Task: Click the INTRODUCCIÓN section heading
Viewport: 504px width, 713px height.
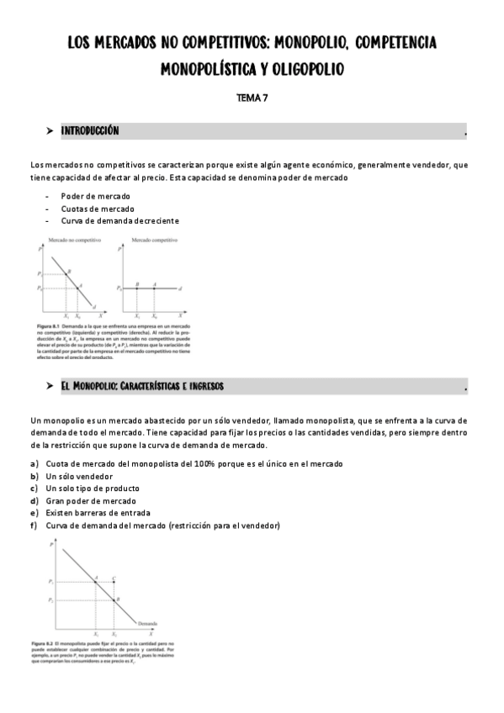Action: click(90, 131)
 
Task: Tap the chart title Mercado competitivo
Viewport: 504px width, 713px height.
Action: click(154, 240)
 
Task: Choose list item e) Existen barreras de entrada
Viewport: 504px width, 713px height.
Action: click(98, 513)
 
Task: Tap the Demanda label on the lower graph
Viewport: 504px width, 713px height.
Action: click(147, 623)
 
